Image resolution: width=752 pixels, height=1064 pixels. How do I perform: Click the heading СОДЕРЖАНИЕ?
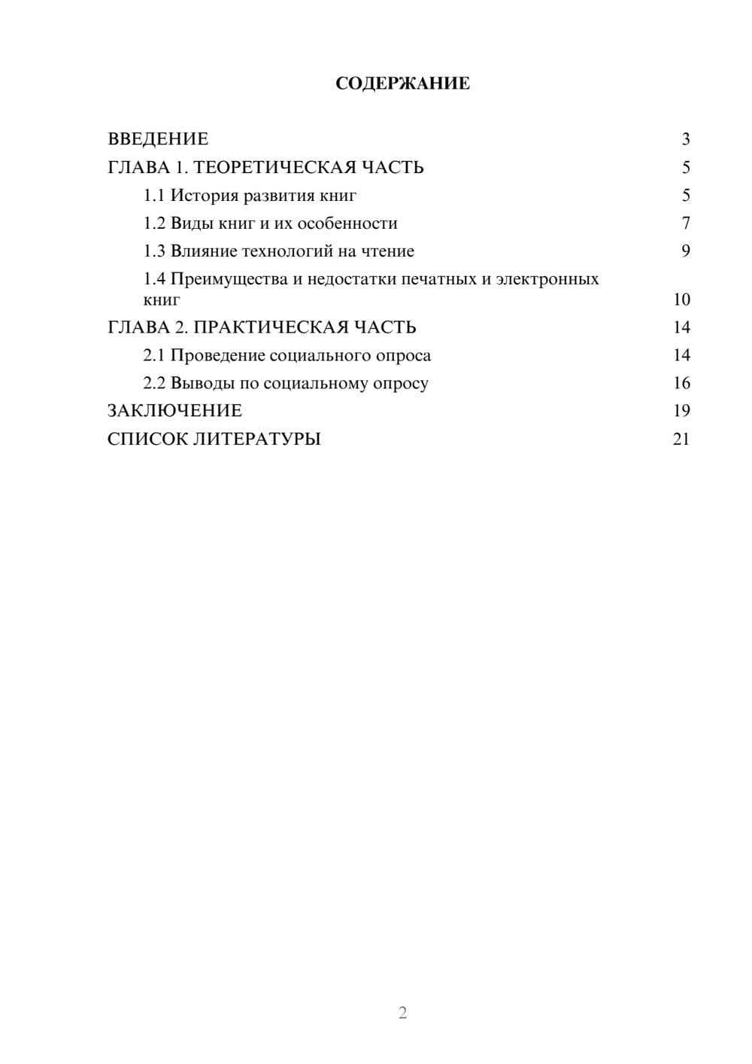tap(402, 84)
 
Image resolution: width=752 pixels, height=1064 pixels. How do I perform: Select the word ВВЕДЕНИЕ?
tap(158, 139)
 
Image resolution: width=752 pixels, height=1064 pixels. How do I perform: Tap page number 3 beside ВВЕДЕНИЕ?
tap(685, 139)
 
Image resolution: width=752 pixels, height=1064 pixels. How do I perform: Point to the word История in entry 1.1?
tap(205, 196)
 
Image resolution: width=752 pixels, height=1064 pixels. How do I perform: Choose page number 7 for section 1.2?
tap(685, 223)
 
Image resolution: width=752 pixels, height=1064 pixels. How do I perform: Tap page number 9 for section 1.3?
tap(685, 251)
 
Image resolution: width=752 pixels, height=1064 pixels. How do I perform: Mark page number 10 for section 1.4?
tap(681, 299)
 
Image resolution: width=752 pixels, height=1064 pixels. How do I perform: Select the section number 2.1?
tap(154, 355)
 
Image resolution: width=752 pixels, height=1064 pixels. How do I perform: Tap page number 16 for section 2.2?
tap(681, 383)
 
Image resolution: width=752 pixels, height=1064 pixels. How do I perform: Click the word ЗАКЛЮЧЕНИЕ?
tap(174, 411)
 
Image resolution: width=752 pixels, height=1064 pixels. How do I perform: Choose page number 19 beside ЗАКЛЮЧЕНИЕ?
tap(681, 411)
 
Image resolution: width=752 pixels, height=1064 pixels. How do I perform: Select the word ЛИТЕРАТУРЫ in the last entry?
tap(257, 439)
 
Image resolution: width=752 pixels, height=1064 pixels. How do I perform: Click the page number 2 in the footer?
tap(402, 1013)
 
